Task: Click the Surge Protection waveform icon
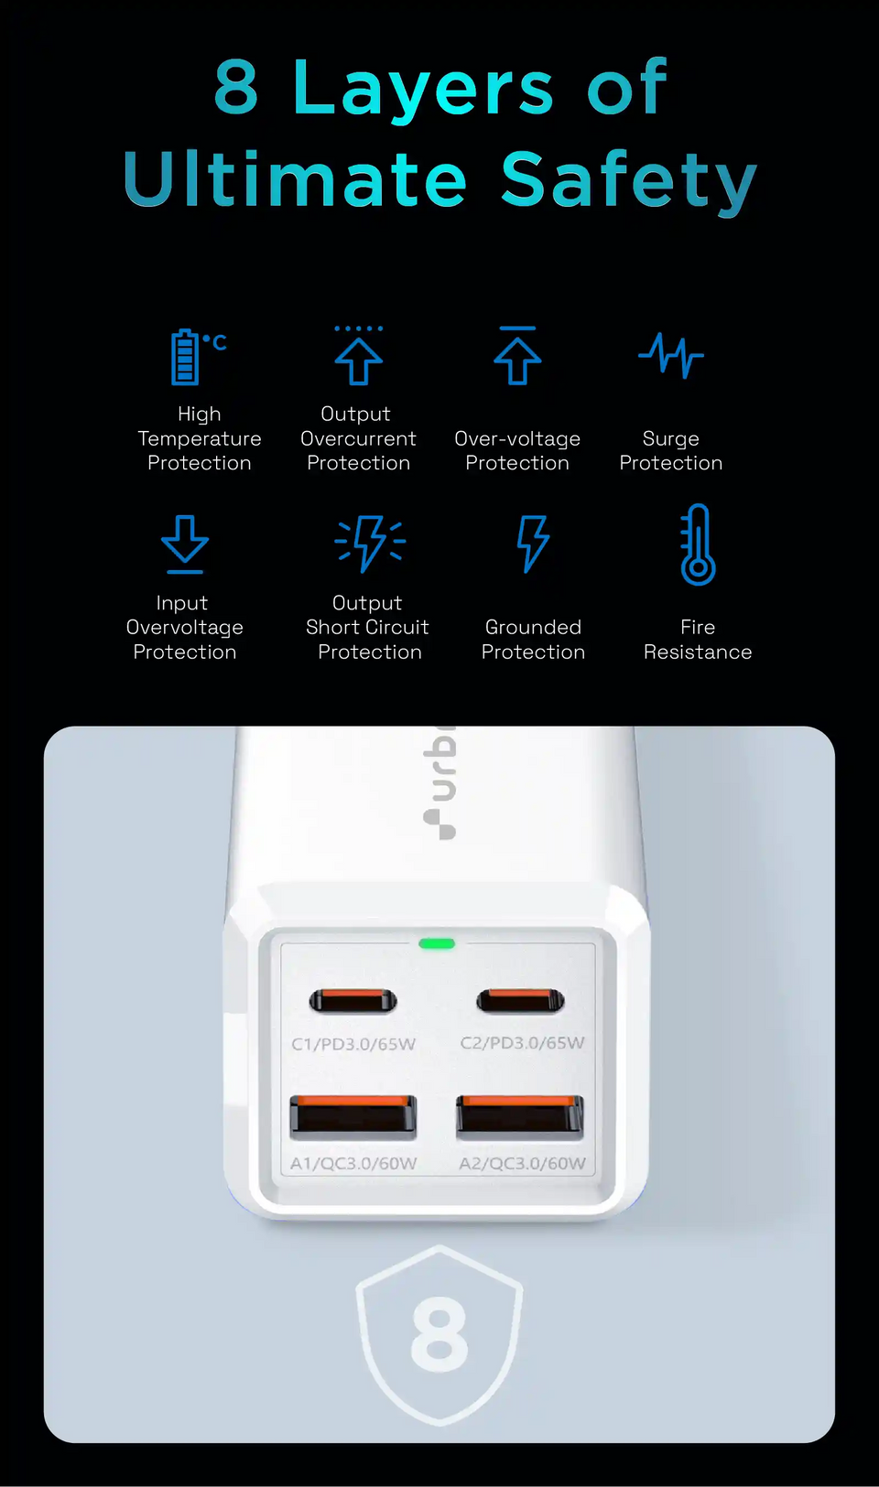[670, 355]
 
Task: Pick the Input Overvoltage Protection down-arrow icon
[185, 543]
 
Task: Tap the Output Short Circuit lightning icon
[369, 543]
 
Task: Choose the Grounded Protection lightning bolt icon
[533, 543]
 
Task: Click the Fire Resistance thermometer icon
[698, 544]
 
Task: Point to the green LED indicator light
[437, 943]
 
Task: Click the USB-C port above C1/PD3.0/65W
[353, 1001]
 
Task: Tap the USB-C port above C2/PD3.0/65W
[520, 1001]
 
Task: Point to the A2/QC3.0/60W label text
[522, 1164]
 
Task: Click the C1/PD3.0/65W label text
[353, 1044]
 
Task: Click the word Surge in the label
[670, 439]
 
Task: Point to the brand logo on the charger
[440, 783]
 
